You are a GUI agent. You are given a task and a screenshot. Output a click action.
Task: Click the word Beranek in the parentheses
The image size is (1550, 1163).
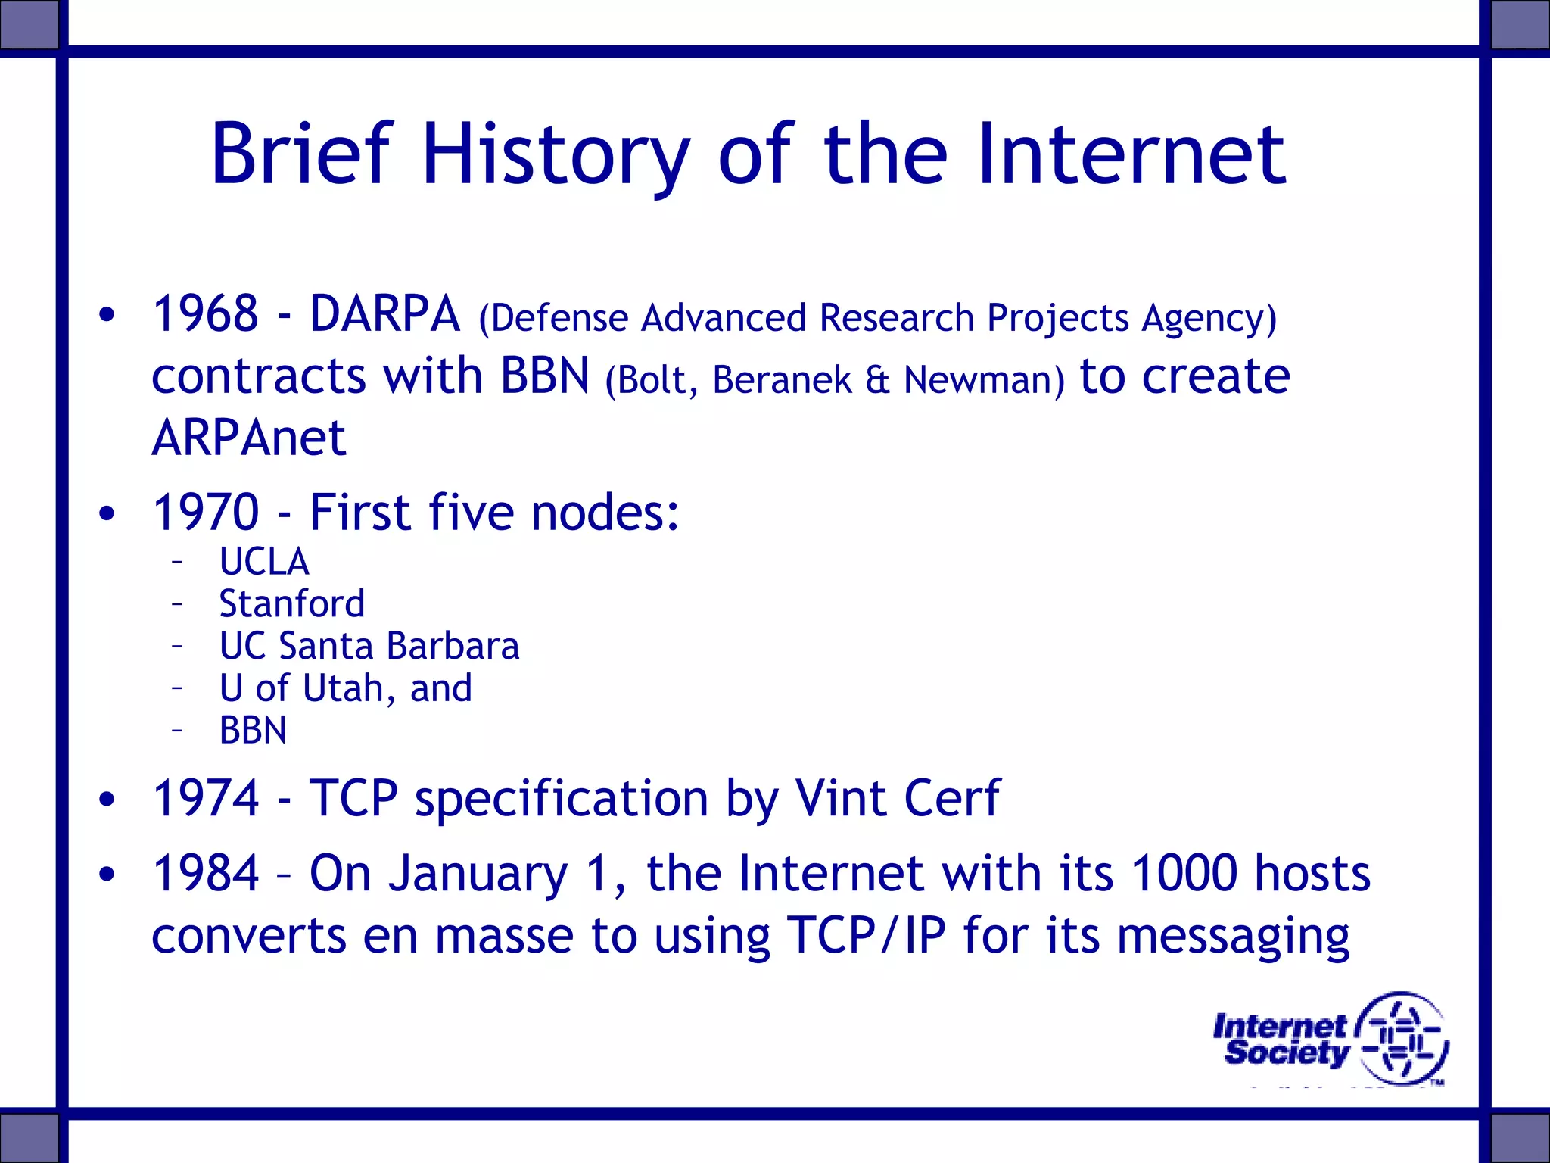pyautogui.click(x=782, y=379)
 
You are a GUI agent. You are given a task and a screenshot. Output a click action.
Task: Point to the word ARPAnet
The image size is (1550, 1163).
pyautogui.click(x=248, y=438)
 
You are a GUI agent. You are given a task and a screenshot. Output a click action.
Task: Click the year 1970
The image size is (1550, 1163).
pyautogui.click(x=206, y=513)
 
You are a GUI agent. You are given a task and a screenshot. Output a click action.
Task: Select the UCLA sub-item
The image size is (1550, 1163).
pyautogui.click(x=264, y=562)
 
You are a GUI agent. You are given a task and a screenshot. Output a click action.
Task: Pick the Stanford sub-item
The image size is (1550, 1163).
pyautogui.click(x=291, y=604)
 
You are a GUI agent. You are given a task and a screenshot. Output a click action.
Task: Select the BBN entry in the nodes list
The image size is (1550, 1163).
pyautogui.click(x=253, y=731)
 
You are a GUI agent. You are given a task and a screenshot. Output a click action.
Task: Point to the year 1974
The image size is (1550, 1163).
pyautogui.click(x=206, y=798)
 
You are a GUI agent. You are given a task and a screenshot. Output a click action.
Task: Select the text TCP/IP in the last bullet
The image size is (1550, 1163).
pyautogui.click(x=867, y=935)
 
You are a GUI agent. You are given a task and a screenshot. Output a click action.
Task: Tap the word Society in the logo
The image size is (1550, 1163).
pyautogui.click(x=1286, y=1052)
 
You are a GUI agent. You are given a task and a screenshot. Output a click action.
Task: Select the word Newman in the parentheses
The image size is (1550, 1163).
pyautogui.click(x=984, y=379)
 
